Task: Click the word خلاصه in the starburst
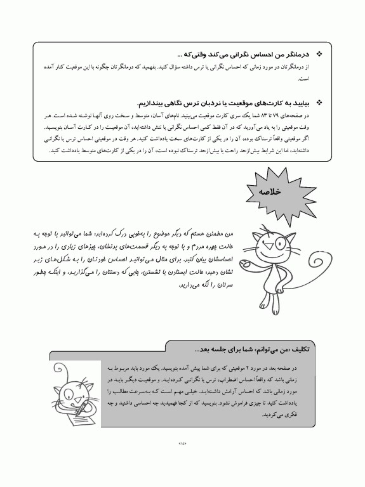[270, 190]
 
